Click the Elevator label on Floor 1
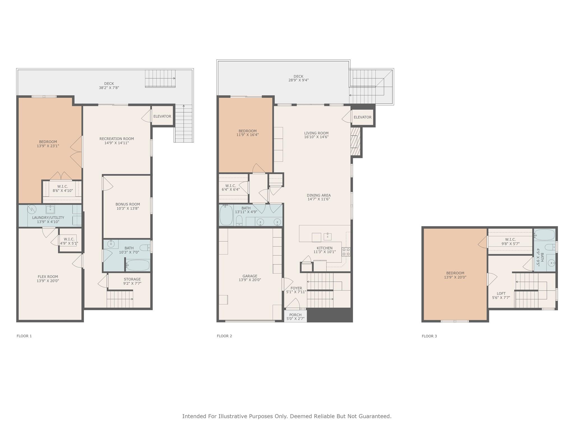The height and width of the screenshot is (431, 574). coord(162,116)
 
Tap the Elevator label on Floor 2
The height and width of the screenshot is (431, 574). coord(362,117)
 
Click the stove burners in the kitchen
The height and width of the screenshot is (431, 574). coord(346,252)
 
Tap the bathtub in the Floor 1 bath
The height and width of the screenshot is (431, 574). coord(138,265)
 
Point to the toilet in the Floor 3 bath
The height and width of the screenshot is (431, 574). coord(550,247)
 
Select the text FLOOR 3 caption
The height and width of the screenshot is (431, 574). coord(429,336)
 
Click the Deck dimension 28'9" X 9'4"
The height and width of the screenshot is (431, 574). coord(298,80)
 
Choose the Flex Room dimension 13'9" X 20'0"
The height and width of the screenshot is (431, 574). coord(48,281)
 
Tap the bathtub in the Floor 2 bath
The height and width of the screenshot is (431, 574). coord(226,215)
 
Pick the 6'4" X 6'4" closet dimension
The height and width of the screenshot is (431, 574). coord(231,190)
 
